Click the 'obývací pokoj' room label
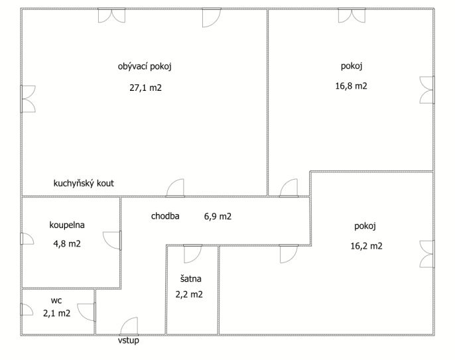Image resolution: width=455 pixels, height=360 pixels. tap(145, 67)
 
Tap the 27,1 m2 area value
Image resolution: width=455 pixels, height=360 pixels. tap(145, 88)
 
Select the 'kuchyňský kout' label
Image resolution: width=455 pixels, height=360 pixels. tap(84, 184)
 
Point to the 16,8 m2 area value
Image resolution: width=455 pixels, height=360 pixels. tap(351, 86)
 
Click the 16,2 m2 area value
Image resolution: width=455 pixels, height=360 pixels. tap(366, 246)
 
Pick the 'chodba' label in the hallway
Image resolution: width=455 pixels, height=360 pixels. tap(165, 216)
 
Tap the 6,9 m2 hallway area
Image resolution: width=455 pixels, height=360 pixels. tap(218, 216)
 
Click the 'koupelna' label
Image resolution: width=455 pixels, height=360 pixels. tap(67, 225)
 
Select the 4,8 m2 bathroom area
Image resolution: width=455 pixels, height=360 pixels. tap(67, 244)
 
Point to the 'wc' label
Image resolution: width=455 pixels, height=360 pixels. tap(56, 300)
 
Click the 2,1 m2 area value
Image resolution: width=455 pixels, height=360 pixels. tap(56, 314)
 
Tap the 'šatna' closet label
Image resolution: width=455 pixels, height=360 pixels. tap(190, 278)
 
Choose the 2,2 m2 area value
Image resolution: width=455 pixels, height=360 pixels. tap(189, 294)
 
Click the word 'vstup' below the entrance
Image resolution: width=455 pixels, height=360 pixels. tap(128, 340)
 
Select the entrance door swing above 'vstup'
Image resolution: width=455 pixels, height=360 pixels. tap(129, 326)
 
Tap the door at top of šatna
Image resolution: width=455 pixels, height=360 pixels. tap(192, 254)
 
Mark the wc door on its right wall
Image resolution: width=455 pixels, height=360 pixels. tap(86, 312)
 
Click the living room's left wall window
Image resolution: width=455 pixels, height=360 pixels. tap(28, 99)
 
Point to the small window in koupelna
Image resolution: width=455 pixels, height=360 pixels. tap(27, 239)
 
